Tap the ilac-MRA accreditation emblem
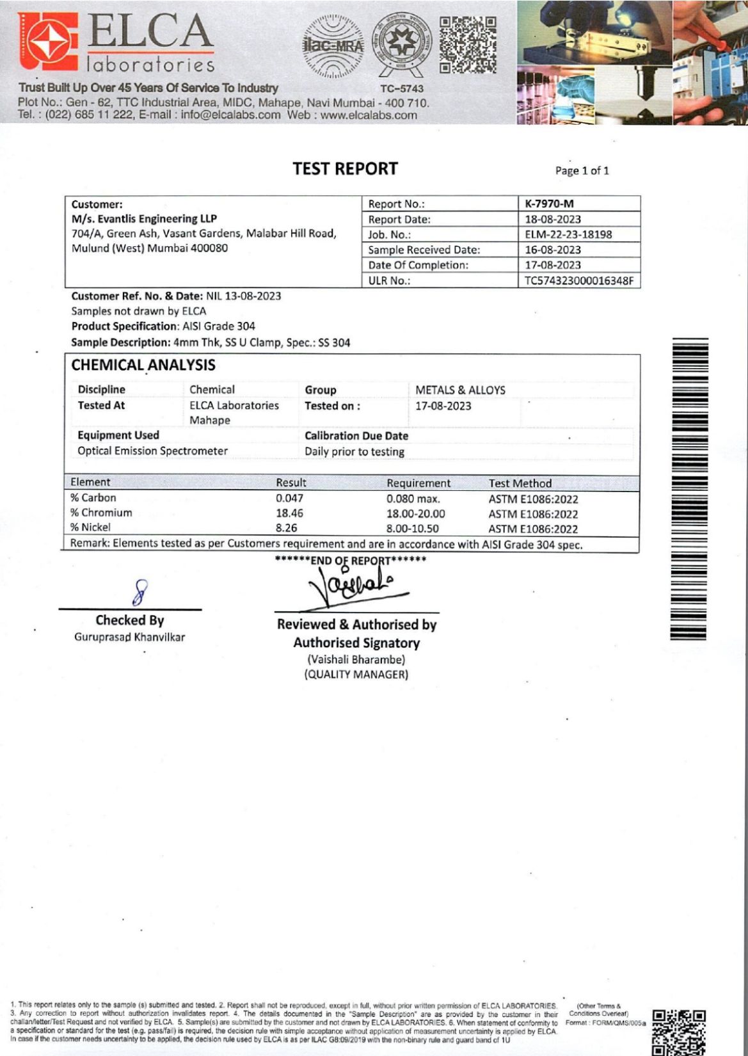click(332, 45)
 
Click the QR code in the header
click(468, 45)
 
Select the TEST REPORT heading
click(345, 169)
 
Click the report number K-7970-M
click(549, 204)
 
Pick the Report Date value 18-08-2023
click(553, 220)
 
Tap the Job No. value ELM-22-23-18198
click(568, 234)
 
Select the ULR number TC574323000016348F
click(579, 280)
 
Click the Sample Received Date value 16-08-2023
click(553, 250)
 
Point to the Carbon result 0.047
click(290, 499)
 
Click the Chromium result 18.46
click(290, 513)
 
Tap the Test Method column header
click(520, 483)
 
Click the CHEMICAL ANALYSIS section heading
click(143, 365)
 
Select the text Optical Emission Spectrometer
click(152, 451)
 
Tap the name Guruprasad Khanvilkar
click(129, 637)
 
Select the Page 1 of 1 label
click(582, 171)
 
